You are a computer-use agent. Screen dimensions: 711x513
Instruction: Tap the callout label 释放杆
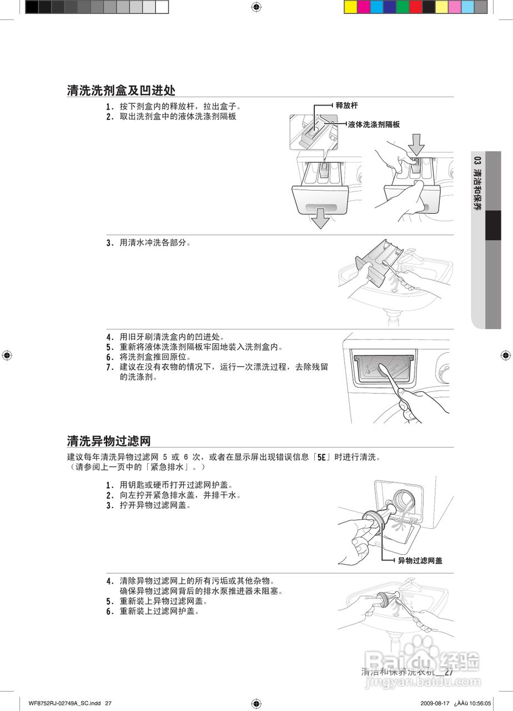point(346,106)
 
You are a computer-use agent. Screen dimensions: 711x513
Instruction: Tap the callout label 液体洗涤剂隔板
point(374,125)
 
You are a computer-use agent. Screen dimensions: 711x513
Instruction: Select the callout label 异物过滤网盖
point(420,561)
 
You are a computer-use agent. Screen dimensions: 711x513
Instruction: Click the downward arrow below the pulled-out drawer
point(320,219)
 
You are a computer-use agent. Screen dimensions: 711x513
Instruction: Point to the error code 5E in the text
point(321,458)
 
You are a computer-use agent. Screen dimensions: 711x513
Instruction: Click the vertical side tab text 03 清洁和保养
point(477,183)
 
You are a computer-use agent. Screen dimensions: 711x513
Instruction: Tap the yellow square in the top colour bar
point(350,7)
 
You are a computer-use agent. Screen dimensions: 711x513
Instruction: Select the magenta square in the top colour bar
point(364,7)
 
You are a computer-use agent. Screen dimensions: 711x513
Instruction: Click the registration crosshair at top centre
point(256,7)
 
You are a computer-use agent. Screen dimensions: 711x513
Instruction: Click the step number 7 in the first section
point(109,367)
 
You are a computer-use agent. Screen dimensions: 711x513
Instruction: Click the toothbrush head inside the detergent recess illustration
point(381,369)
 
